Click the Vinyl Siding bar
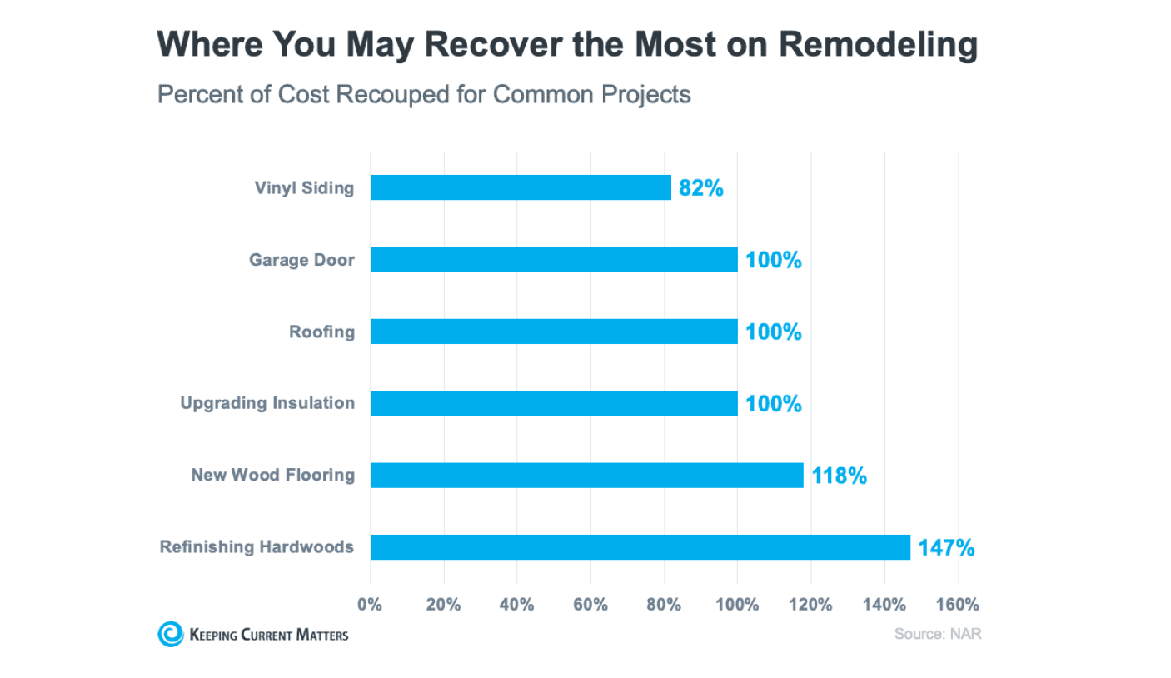pos(521,187)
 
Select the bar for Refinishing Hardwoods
pos(640,547)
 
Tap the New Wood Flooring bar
pos(586,476)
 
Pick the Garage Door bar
pos(554,260)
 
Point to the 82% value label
pos(701,188)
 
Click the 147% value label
pos(946,548)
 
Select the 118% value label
pos(840,476)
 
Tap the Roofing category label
pos(321,332)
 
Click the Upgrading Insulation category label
pos(267,404)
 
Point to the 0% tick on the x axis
pos(370,605)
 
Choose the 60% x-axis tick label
pos(590,605)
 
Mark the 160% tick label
pos(958,605)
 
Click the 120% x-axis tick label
pos(810,605)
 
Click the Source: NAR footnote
pos(938,634)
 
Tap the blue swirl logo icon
pos(170,634)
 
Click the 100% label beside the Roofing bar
pos(774,332)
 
